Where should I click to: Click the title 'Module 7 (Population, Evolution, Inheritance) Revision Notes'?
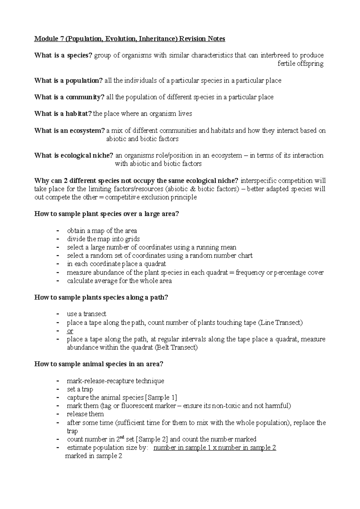coord(130,39)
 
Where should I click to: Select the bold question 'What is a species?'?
coord(63,55)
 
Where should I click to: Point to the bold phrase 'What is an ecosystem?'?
coord(70,131)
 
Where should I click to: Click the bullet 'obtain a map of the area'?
coord(102,231)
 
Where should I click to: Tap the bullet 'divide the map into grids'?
coord(103,239)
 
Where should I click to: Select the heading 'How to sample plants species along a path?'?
coord(101,298)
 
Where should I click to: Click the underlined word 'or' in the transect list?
coord(70,331)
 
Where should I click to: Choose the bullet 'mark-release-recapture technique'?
coord(115,381)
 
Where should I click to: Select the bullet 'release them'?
coord(85,414)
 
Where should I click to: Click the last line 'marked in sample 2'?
coord(94,456)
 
